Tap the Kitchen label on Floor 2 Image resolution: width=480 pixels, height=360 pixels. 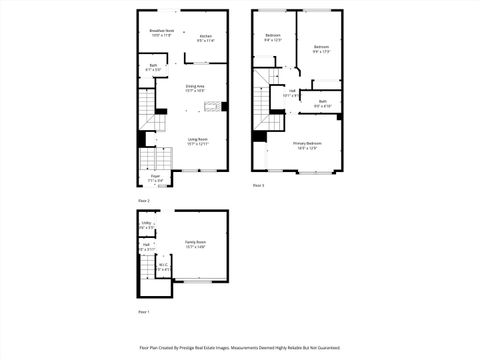click(205, 37)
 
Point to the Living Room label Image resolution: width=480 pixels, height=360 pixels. click(197, 140)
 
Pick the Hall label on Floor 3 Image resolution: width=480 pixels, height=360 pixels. click(292, 92)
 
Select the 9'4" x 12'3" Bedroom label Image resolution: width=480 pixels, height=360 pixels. click(273, 37)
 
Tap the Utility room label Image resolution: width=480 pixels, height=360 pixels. click(146, 224)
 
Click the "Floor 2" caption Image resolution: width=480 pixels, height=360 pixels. click(144, 201)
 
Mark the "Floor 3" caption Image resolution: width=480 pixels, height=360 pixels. click(258, 185)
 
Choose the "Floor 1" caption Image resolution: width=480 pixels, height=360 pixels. click(142, 312)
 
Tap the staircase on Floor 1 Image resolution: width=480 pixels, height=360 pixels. click(149, 284)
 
